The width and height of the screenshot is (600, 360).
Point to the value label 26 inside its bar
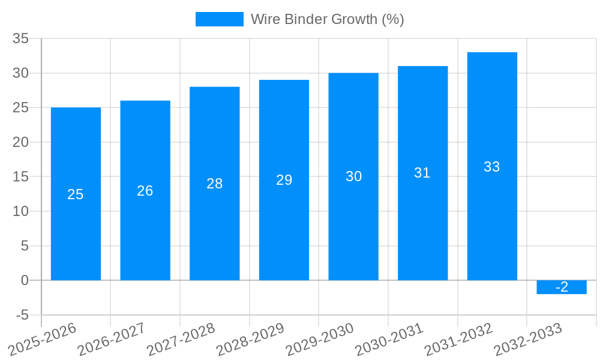click(x=145, y=191)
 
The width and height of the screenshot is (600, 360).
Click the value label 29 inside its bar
click(x=284, y=180)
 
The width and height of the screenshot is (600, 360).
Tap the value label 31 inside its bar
click(x=422, y=173)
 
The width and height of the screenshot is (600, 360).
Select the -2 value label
click(x=562, y=287)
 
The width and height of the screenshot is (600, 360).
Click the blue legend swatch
click(x=220, y=19)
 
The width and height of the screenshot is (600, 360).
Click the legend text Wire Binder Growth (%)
click(x=328, y=19)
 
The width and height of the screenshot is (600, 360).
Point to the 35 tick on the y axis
click(x=21, y=39)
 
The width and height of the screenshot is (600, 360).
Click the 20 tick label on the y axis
click(x=21, y=142)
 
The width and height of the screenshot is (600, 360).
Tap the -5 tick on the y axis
click(x=22, y=315)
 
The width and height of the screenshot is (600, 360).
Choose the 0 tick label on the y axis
click(x=25, y=280)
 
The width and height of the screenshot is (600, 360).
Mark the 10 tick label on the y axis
click(x=21, y=211)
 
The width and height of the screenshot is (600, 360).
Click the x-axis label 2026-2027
click(x=111, y=339)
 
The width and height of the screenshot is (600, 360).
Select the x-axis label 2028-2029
click(x=250, y=339)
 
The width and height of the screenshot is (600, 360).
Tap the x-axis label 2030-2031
click(x=389, y=339)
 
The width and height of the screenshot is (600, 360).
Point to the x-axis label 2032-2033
click(x=527, y=339)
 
